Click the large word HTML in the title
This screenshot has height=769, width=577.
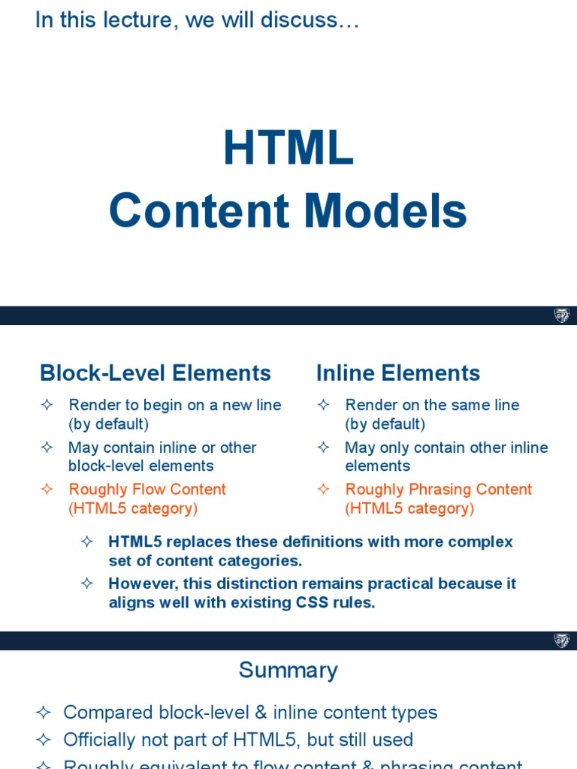288,148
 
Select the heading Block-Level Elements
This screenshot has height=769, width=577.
155,373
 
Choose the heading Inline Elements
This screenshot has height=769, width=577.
397,373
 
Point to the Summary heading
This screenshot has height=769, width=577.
288,670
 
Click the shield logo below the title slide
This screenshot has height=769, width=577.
561,315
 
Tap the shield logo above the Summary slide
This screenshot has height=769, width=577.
561,641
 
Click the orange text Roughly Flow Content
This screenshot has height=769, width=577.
147,489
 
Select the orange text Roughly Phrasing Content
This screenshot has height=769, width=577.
438,489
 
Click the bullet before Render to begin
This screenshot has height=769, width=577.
47,405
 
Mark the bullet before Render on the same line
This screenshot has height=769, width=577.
323,405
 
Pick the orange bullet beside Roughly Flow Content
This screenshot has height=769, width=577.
47,489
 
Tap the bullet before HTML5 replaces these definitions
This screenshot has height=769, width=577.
86,541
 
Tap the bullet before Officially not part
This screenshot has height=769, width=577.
43,740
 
